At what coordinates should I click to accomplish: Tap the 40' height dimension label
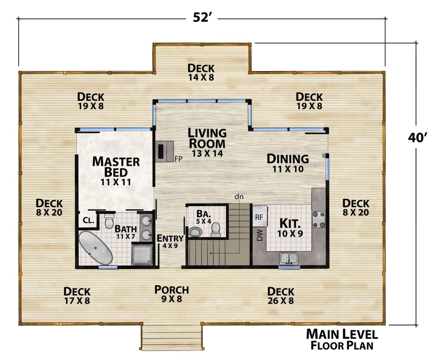[x=417, y=138]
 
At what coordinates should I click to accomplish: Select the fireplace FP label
[x=178, y=159]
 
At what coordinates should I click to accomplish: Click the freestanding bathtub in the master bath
[x=96, y=248]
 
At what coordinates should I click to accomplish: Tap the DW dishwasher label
[x=259, y=235]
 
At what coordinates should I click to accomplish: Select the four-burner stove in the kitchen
[x=319, y=219]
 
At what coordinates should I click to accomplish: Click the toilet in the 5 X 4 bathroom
[x=215, y=230]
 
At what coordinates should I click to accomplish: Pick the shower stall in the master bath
[x=142, y=255]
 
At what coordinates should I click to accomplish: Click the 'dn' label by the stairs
[x=239, y=196]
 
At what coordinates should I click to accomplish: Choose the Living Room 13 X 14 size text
[x=207, y=153]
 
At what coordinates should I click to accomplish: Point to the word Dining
[x=288, y=159]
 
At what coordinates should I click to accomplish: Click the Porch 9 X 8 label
[x=172, y=294]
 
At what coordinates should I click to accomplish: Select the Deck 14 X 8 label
[x=201, y=72]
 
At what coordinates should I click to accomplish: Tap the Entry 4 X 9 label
[x=170, y=241]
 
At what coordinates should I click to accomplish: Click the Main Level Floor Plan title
[x=342, y=340]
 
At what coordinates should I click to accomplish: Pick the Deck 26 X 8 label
[x=281, y=296]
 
